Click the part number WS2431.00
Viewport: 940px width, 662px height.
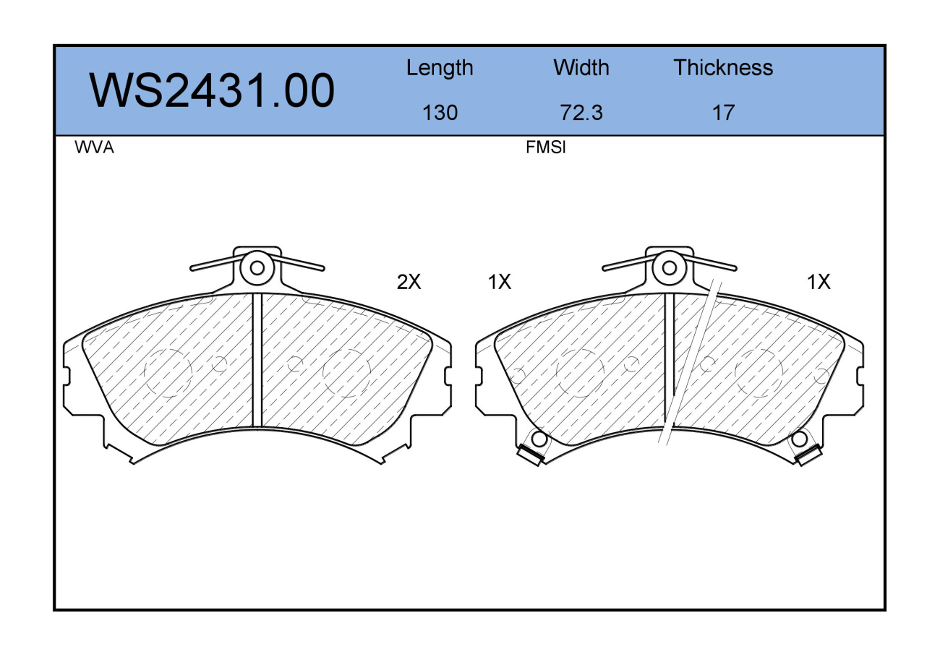coord(212,90)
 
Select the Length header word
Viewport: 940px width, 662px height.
coord(440,69)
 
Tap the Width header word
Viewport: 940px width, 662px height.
coord(581,67)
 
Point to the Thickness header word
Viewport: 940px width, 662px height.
coord(723,67)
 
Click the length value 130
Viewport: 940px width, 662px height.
coord(440,113)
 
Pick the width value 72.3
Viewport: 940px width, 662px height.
coord(581,113)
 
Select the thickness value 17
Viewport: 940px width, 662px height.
coord(724,113)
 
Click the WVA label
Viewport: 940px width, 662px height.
coord(95,147)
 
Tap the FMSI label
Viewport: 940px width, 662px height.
coord(545,147)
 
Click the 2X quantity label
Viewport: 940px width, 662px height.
coord(409,282)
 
